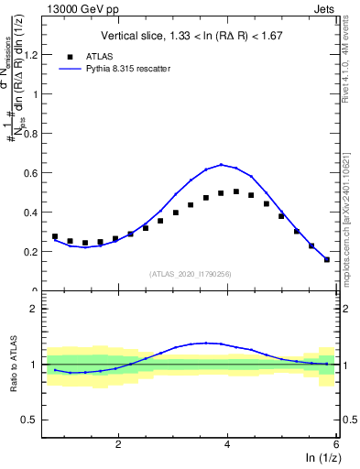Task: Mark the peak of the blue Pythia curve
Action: pyautogui.click(x=222, y=165)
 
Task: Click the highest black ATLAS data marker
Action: pyautogui.click(x=236, y=191)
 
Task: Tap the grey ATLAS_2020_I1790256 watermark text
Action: pyautogui.click(x=189, y=272)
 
